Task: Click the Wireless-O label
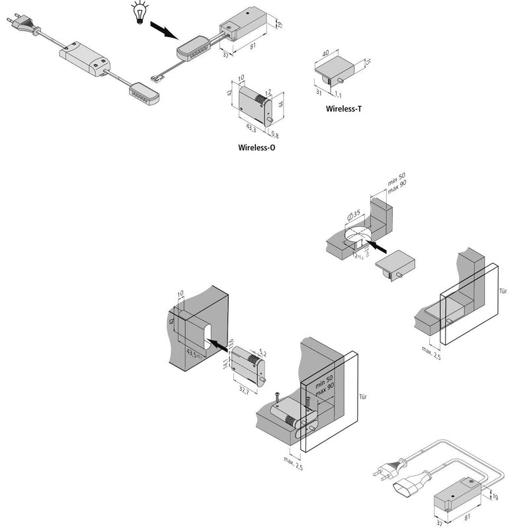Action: click(x=257, y=147)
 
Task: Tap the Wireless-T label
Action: click(x=344, y=108)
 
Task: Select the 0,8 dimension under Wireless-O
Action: click(x=274, y=136)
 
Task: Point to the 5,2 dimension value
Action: click(x=262, y=353)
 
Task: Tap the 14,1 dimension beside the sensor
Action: click(x=225, y=363)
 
